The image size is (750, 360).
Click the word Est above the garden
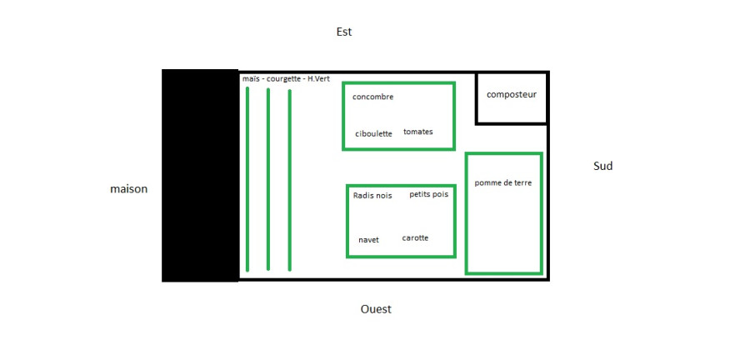(x=344, y=32)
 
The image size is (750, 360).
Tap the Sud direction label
(x=602, y=167)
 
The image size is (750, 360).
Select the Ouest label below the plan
(x=376, y=309)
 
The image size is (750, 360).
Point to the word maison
(x=128, y=189)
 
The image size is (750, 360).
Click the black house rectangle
(x=200, y=176)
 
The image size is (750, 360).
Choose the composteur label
(x=512, y=95)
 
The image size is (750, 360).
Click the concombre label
(x=372, y=97)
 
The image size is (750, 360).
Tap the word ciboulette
(x=373, y=134)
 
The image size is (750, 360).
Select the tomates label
(x=418, y=132)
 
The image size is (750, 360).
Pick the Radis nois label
(x=372, y=196)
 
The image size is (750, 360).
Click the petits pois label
(x=428, y=194)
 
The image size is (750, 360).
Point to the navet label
(x=368, y=240)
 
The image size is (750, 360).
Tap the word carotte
(x=415, y=238)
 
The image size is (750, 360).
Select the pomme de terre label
(x=502, y=183)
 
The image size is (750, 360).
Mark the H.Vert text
(x=318, y=78)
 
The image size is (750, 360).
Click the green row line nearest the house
(x=247, y=179)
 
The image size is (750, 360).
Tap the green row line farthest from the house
(x=290, y=180)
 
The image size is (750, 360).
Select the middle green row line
(x=267, y=179)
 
